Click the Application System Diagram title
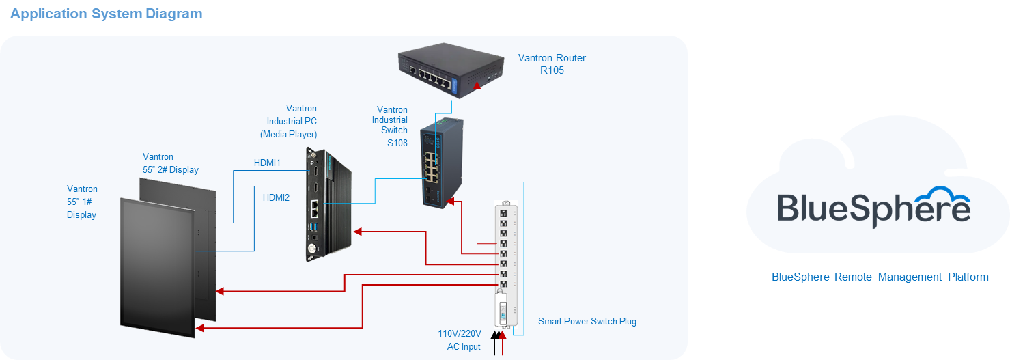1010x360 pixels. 106,14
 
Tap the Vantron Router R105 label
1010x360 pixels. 552,64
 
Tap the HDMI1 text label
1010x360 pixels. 267,163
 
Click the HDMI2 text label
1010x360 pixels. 276,197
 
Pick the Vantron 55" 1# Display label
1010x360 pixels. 82,202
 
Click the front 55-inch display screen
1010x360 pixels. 157,266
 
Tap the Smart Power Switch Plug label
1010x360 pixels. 587,321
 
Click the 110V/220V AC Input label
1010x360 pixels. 460,340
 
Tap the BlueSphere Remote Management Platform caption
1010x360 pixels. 880,277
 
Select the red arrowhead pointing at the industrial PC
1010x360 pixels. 358,232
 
